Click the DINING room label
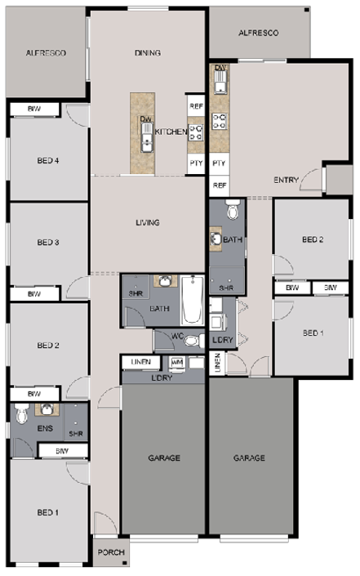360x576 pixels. [148, 53]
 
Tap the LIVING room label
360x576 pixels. [148, 222]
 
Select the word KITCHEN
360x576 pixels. [171, 132]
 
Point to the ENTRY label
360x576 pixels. [287, 180]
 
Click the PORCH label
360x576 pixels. [111, 552]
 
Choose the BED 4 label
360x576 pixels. [48, 160]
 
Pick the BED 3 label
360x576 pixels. [48, 243]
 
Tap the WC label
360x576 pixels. [178, 336]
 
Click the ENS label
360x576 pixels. [45, 428]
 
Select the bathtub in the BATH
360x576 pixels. [193, 301]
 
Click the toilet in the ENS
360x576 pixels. [22, 413]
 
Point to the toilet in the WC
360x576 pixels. [194, 341]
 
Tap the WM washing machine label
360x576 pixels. [177, 363]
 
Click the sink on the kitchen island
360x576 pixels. [146, 137]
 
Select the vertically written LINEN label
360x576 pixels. [217, 363]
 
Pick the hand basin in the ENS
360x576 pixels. [47, 409]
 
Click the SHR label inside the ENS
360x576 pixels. [76, 434]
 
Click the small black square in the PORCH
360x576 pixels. [125, 563]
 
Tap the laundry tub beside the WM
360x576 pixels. [197, 362]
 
